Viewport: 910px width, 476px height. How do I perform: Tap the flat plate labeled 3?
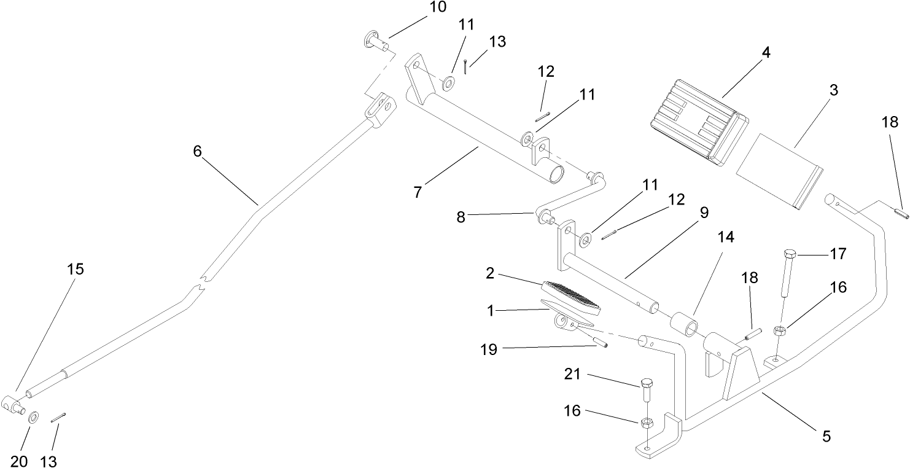click(779, 171)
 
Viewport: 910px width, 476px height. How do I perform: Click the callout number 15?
click(76, 270)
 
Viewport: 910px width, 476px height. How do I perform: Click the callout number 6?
click(197, 151)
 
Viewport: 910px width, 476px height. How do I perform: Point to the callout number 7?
click(418, 192)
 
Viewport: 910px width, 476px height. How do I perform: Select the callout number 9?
click(703, 213)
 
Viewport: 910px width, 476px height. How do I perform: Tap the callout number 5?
click(826, 436)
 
